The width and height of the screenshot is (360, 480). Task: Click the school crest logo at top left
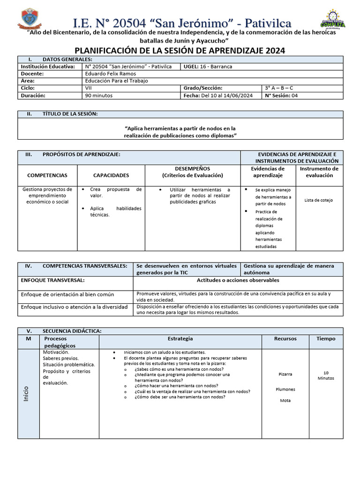(x=30, y=19)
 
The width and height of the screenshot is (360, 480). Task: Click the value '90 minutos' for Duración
(x=99, y=95)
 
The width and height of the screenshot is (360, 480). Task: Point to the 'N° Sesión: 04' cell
(x=281, y=95)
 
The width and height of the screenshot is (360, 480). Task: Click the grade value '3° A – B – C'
(x=279, y=88)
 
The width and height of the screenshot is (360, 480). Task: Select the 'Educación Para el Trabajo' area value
(x=117, y=81)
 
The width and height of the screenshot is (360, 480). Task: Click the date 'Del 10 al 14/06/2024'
(x=227, y=95)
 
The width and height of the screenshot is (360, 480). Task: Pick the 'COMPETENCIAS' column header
(x=47, y=175)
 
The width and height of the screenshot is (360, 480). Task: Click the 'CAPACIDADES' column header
(x=111, y=175)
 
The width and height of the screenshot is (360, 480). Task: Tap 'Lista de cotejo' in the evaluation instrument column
(x=318, y=200)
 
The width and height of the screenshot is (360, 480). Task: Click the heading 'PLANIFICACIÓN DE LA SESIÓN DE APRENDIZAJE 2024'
(x=180, y=51)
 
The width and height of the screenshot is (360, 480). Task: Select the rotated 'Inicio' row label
(x=26, y=393)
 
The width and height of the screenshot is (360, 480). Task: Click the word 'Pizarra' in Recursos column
(x=285, y=375)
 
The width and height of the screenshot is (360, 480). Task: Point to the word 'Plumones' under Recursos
(x=285, y=389)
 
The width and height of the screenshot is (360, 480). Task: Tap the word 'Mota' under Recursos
(x=285, y=400)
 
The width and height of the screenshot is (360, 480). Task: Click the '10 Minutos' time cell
(x=326, y=375)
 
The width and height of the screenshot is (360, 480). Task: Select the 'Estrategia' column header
(x=180, y=338)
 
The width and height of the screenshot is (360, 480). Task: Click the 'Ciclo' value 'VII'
(x=89, y=88)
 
